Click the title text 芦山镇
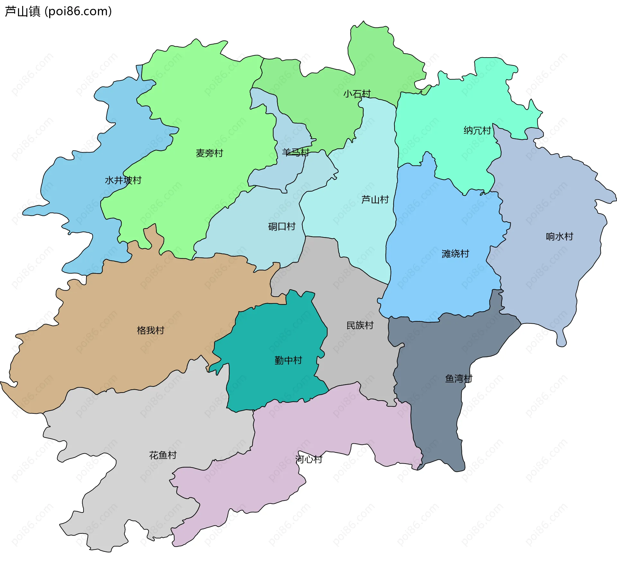(22, 11)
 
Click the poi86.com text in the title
(78, 11)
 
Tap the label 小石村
(357, 94)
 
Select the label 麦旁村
(209, 153)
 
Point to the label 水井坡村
(123, 180)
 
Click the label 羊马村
(295, 152)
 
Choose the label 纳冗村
(477, 130)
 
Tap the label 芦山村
(375, 199)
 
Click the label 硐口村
(282, 226)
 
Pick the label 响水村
(559, 236)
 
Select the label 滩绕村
(455, 254)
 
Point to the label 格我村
(150, 330)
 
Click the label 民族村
(360, 325)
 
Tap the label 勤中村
(288, 360)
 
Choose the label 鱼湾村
(458, 378)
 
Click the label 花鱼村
(163, 455)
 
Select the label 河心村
(308, 459)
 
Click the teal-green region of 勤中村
(273, 331)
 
